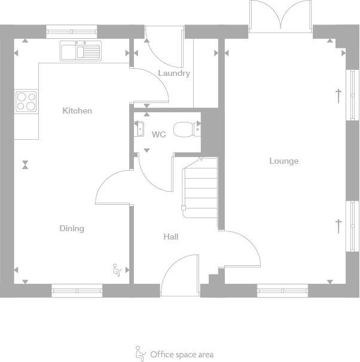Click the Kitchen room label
(x=77, y=111)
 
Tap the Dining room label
(x=72, y=228)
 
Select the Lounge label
(x=283, y=161)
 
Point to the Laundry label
(x=174, y=73)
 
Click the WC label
(x=158, y=134)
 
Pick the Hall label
(x=171, y=237)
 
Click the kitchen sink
(x=81, y=51)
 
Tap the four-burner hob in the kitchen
(x=26, y=101)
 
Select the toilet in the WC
(x=185, y=128)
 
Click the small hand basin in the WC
(x=140, y=128)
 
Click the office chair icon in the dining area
(x=117, y=271)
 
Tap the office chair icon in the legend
(x=141, y=354)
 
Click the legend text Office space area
(x=182, y=355)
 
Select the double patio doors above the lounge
(x=280, y=16)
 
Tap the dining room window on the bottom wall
(x=77, y=291)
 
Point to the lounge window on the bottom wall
(x=282, y=291)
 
